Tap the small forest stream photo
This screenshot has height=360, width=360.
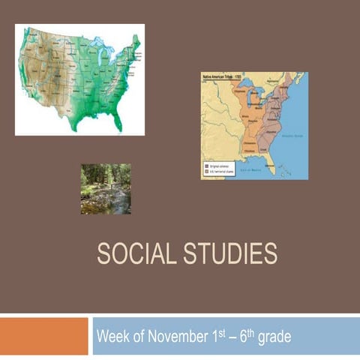(x=106, y=188)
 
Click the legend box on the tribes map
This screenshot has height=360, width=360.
(x=220, y=169)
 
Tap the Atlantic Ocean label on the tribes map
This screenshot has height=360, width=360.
(x=290, y=136)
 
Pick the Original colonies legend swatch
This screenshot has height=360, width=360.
(x=207, y=165)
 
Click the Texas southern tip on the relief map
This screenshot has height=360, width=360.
(x=75, y=127)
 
